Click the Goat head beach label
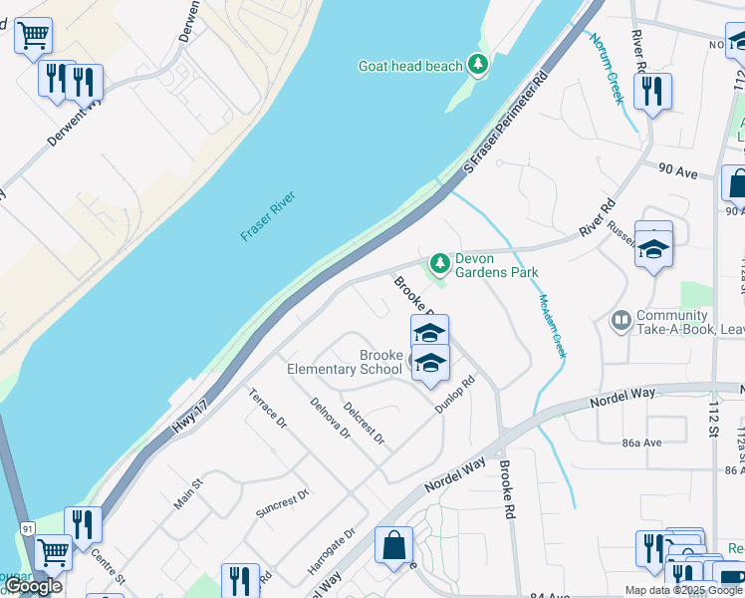click(x=410, y=66)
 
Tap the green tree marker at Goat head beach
click(x=479, y=65)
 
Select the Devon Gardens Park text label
click(x=496, y=265)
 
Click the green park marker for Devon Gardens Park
click(x=438, y=264)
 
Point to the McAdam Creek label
click(x=552, y=327)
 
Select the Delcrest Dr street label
click(x=364, y=425)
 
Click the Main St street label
click(x=188, y=494)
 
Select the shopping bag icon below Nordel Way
click(x=393, y=545)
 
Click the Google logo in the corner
click(x=33, y=586)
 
